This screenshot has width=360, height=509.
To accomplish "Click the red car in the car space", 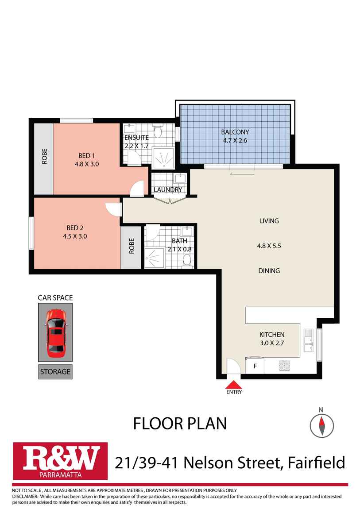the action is click(56, 332).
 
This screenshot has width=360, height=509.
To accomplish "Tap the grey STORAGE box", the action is click(55, 372).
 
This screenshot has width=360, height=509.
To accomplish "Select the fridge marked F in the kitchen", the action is click(255, 366).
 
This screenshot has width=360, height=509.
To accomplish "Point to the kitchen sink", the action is click(308, 340).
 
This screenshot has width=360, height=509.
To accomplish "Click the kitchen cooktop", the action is click(284, 366).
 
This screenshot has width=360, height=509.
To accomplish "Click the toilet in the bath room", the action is click(187, 260).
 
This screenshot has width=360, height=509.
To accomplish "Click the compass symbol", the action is click(321, 425).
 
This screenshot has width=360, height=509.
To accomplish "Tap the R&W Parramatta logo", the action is click(60, 461).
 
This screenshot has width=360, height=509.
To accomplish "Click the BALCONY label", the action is click(235, 132).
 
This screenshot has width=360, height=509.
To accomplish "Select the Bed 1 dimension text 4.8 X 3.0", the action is click(87, 164).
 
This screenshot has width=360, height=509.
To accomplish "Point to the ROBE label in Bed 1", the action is click(44, 156).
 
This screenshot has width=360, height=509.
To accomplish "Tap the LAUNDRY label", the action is click(167, 189).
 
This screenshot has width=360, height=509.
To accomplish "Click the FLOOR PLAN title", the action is click(180, 424).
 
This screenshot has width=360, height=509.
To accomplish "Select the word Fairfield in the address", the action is click(317, 463).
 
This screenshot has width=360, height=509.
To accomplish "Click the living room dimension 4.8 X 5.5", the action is click(269, 246).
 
